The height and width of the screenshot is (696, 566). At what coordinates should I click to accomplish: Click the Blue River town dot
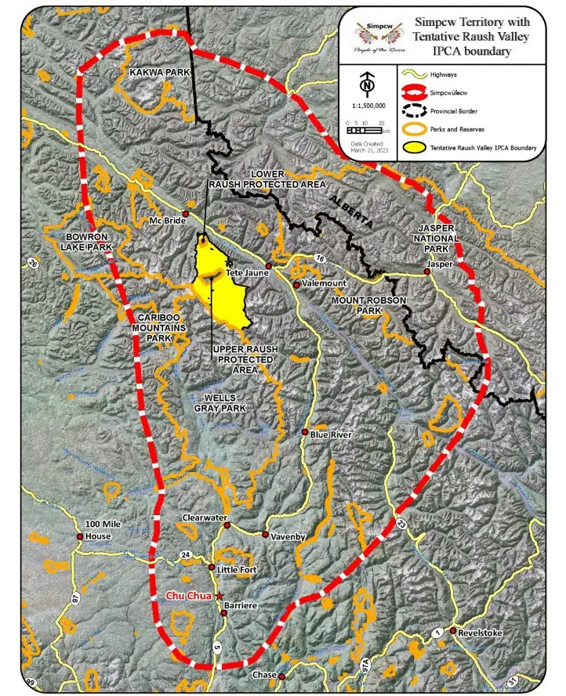(305, 432)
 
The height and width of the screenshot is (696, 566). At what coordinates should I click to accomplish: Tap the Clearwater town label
(204, 517)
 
